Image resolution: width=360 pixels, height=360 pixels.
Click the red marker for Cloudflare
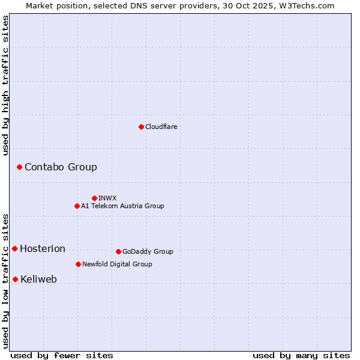[x=141, y=127]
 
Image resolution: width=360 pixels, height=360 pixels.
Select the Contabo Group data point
[x=19, y=167]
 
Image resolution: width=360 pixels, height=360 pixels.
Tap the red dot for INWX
[x=94, y=198]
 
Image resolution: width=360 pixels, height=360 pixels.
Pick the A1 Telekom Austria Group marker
[x=77, y=206]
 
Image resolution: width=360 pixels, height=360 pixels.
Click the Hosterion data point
[x=14, y=248]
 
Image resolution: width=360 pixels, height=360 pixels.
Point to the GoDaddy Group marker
[x=118, y=251]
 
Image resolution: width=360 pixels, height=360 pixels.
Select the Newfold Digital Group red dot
[x=78, y=264]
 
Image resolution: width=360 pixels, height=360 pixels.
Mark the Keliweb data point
[x=15, y=279]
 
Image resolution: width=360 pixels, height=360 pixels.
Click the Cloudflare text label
[x=161, y=127]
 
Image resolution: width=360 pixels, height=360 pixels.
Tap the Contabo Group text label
[x=61, y=167]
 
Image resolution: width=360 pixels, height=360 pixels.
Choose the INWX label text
[x=107, y=198]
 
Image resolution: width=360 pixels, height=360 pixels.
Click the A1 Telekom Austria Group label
[x=122, y=206]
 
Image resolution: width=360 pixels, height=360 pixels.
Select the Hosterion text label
[x=43, y=248]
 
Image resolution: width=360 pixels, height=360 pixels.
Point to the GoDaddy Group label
[x=148, y=251]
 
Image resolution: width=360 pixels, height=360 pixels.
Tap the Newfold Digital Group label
[x=117, y=264]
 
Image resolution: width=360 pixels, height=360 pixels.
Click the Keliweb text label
[x=38, y=279]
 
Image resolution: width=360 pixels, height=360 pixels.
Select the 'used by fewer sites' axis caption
[x=62, y=355]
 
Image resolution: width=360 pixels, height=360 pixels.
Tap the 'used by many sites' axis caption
[x=301, y=355]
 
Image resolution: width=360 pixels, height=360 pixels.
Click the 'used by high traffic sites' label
[x=5, y=85]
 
